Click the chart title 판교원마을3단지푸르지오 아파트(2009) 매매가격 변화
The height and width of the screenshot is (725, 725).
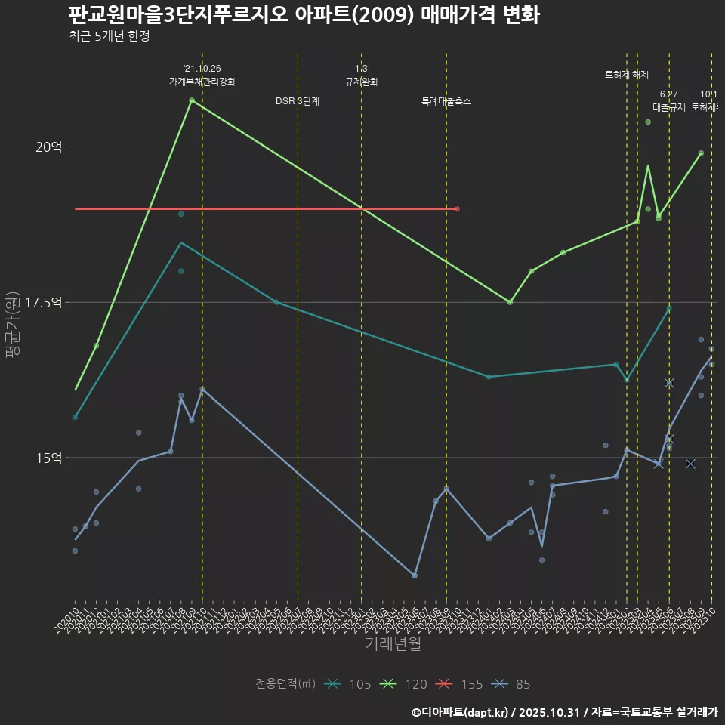304,15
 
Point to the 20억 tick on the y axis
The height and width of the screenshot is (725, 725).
48,147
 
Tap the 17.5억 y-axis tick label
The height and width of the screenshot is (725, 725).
43,302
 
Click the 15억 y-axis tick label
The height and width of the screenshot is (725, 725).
48,458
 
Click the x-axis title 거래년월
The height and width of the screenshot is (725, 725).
393,643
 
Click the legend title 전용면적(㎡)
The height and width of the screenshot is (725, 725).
285,684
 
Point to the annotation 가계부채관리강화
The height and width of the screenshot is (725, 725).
202,82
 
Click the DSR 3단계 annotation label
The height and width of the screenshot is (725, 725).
298,101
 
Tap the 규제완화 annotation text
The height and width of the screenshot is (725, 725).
361,82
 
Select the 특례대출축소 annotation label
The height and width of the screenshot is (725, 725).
446,101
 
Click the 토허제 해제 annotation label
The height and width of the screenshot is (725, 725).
627,75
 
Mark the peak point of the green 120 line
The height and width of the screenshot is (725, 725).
192,100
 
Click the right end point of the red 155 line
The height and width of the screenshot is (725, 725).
457,208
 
